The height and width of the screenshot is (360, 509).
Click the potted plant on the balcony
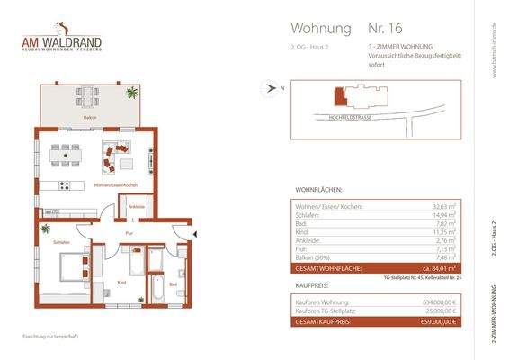coord(131,91)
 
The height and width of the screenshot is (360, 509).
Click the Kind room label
coord(121,283)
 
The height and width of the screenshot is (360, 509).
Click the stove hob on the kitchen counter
coord(64,186)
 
